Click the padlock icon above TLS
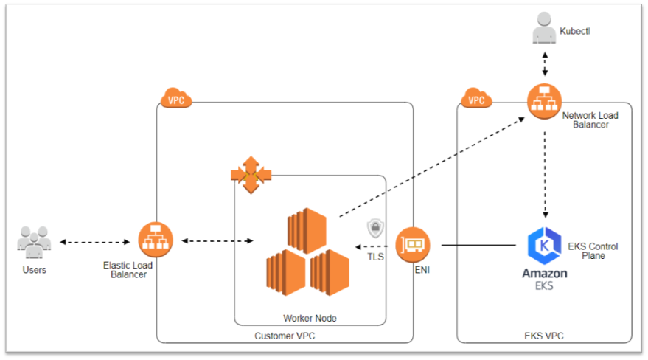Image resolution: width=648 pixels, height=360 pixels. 374,227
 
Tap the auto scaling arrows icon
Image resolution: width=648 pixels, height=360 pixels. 251,175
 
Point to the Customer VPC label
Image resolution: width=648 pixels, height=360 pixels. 284,336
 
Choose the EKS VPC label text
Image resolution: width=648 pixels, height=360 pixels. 544,336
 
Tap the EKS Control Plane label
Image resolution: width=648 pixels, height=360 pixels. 593,251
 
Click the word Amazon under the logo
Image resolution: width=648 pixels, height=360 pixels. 545,274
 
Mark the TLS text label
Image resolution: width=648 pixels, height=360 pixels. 376,257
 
